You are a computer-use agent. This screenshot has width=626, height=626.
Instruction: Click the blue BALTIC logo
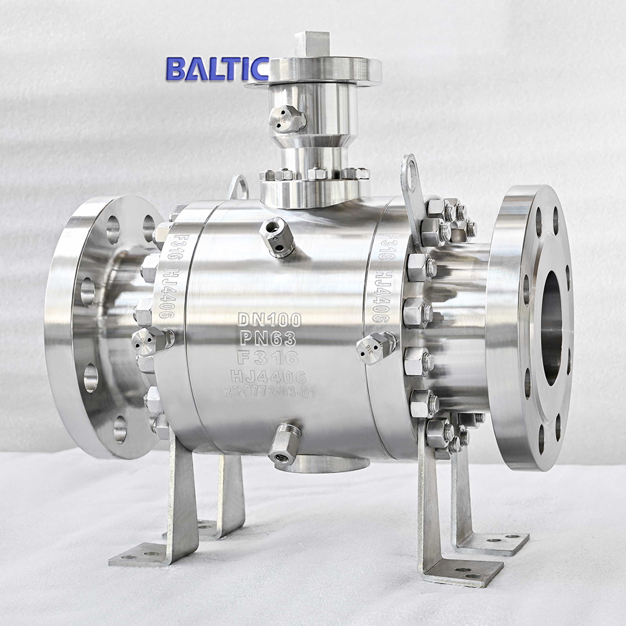pos(217,69)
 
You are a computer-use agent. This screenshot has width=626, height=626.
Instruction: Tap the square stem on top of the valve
pos(312,44)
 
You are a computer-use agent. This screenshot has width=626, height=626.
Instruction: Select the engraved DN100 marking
pos(269,320)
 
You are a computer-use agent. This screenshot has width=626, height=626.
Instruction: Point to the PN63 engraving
pos(269,339)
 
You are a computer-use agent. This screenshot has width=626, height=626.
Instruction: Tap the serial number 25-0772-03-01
pos(270,393)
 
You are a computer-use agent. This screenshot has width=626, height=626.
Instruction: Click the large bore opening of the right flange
pos(551,328)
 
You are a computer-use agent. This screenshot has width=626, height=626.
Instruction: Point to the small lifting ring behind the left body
pos(239,187)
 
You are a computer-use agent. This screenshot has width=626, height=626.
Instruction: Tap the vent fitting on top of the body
pos(277,238)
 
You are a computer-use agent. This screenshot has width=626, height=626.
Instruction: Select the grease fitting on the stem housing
pos(287,119)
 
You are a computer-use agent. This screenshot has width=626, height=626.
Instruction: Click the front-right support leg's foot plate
pos(464,571)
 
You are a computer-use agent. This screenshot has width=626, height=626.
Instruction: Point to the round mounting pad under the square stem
pos(313,71)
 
